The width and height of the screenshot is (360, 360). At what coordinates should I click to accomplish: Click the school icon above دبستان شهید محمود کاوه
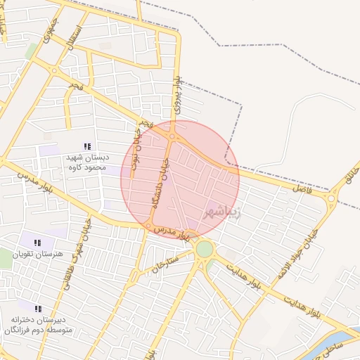(87, 146)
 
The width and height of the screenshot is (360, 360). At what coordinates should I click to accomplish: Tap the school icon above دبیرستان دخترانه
(38, 309)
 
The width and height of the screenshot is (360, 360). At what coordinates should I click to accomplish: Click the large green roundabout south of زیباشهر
(205, 249)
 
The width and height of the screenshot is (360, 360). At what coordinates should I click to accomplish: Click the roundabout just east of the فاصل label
(330, 200)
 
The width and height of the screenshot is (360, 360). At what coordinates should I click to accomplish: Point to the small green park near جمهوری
(31, 51)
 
